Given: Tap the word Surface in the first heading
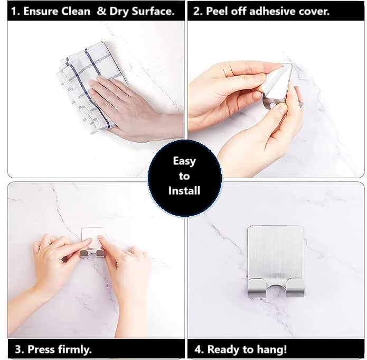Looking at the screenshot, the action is coord(153,11).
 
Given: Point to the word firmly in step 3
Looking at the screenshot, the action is coord(74,349).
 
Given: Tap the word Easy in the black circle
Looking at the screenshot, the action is coord(184,161).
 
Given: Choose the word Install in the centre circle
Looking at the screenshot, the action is coord(184,190).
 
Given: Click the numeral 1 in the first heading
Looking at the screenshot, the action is coord(14,11).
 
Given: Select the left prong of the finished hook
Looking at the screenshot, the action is coord(257,288).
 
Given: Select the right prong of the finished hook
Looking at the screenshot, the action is coord(295,288).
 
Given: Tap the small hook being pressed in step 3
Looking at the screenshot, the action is coord(93,242).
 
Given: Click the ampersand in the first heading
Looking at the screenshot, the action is coord(101,11).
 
